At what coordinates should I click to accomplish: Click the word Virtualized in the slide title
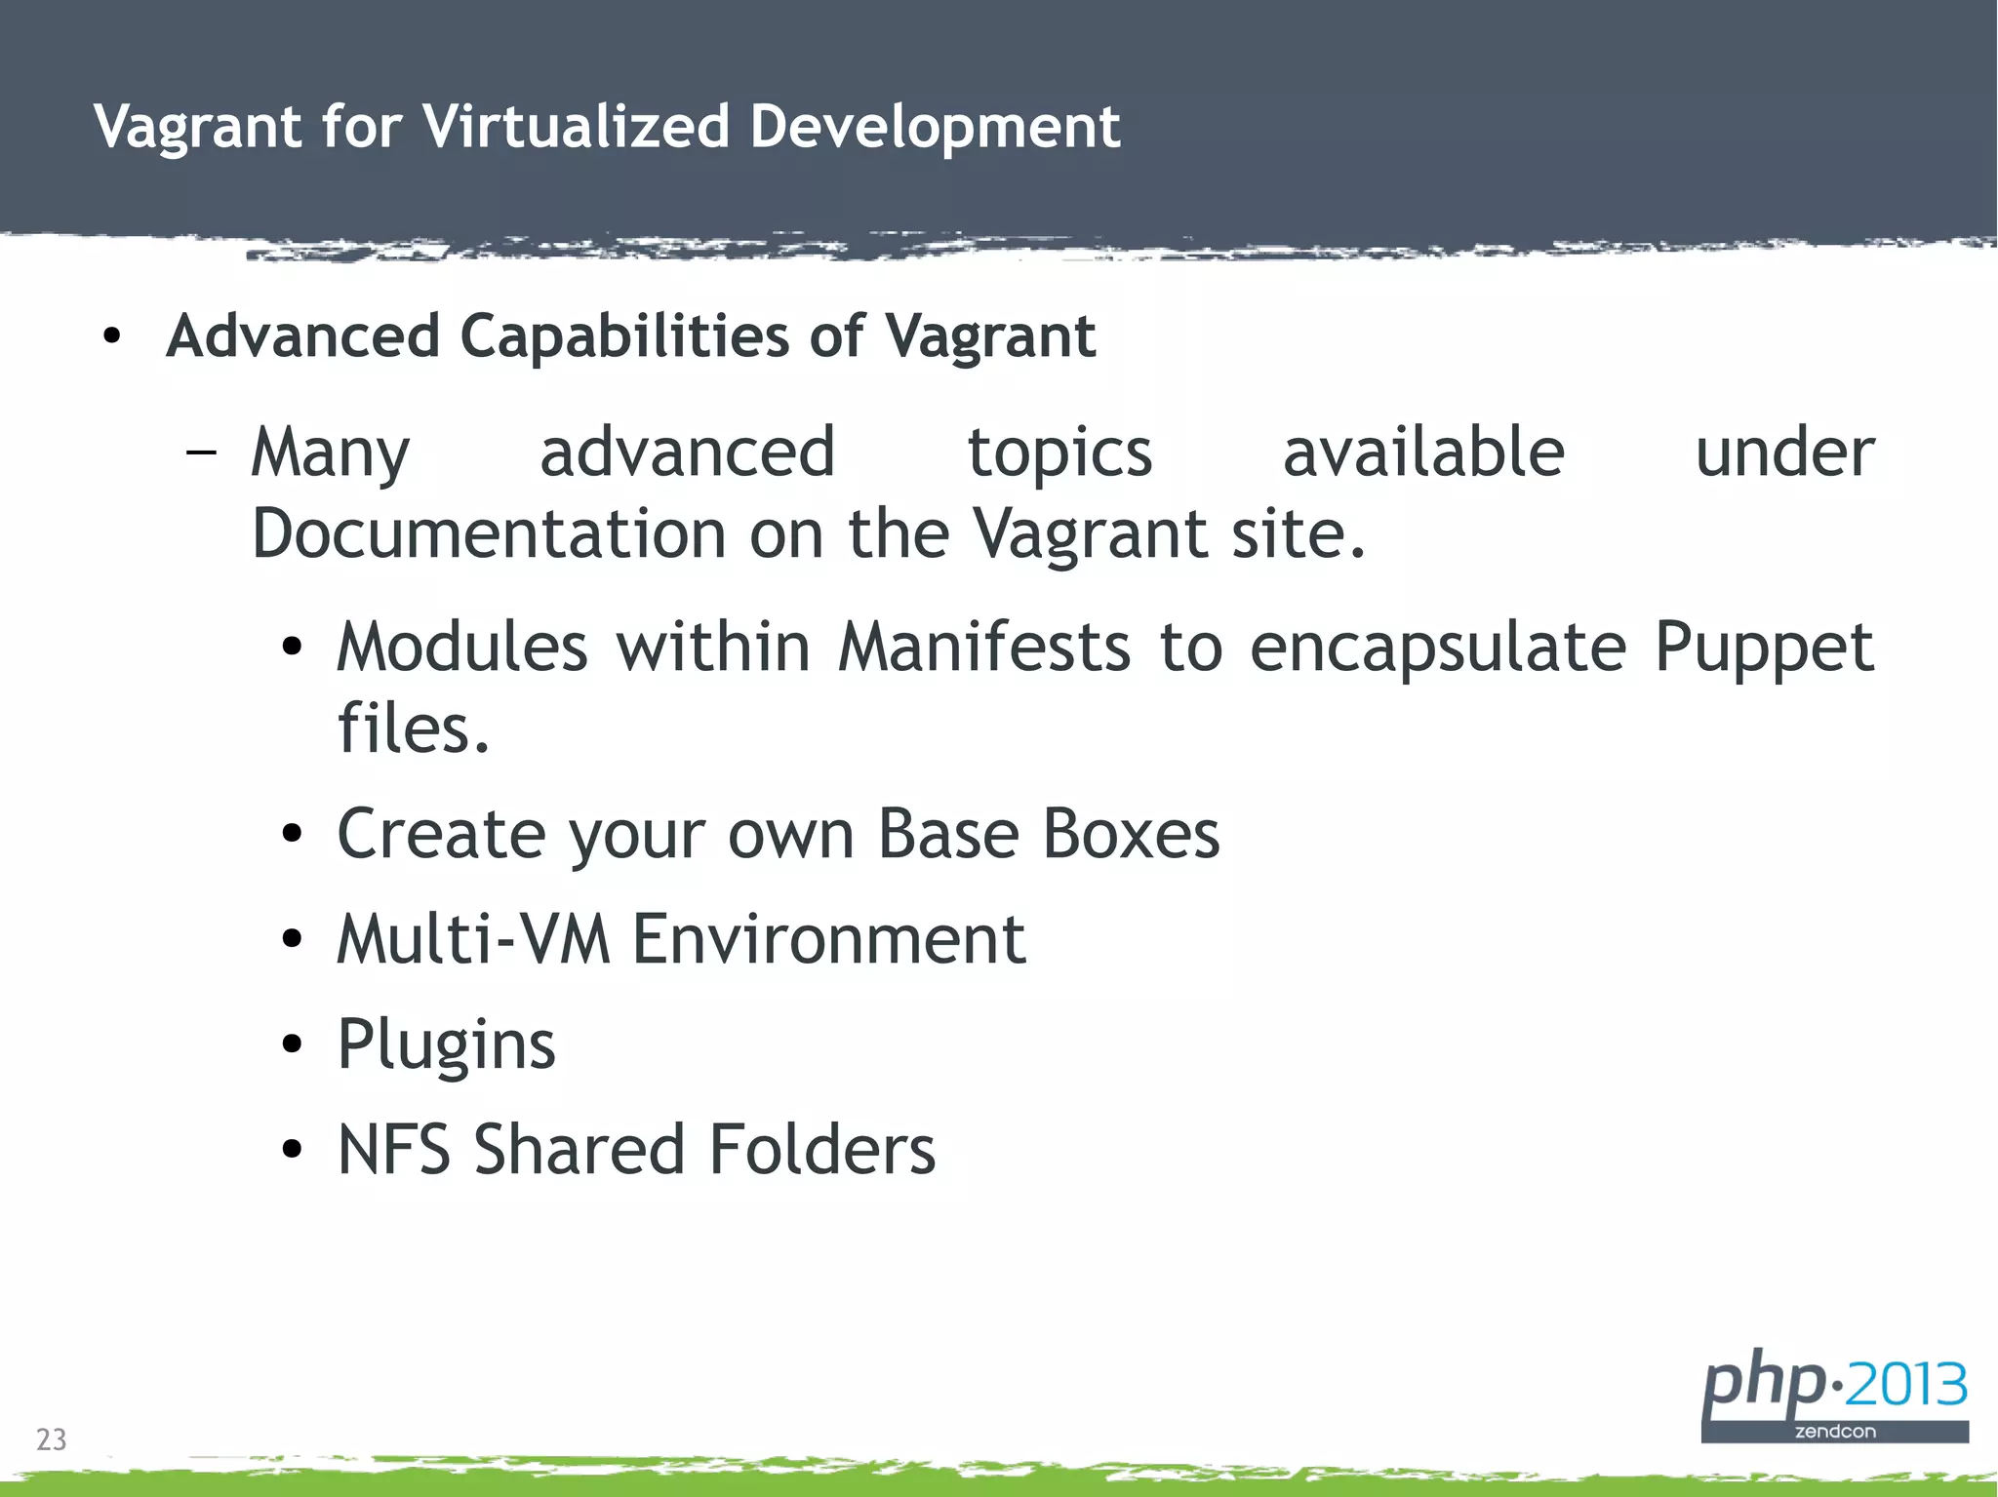click(576, 126)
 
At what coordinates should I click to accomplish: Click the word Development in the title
click(935, 128)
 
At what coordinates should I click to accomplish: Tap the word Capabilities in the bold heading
click(623, 336)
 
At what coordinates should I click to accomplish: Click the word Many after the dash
click(330, 454)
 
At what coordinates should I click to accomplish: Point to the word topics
click(1059, 454)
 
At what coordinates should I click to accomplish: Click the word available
click(1423, 453)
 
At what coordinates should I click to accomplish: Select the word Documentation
click(489, 534)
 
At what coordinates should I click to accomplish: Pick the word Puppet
click(1764, 650)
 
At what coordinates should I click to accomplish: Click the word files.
click(413, 729)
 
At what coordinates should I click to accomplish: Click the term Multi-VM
click(473, 939)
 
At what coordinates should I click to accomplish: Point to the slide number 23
click(52, 1439)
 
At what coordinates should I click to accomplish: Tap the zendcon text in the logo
click(1834, 1432)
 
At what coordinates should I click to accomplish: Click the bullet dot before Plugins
click(292, 1044)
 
